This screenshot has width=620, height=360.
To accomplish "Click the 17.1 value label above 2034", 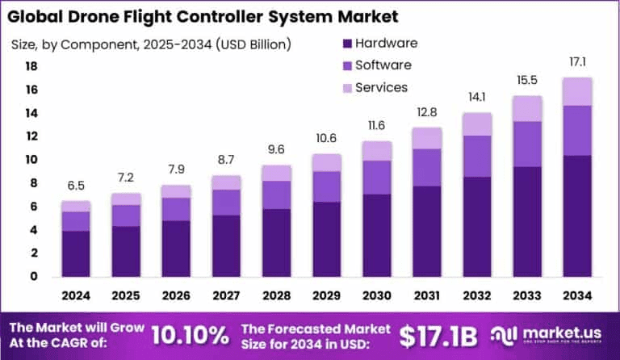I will [x=578, y=61].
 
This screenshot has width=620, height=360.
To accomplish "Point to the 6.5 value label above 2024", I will [x=75, y=185].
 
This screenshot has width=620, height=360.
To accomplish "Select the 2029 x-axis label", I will [x=327, y=296].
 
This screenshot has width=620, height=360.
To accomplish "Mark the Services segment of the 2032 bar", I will [x=478, y=123].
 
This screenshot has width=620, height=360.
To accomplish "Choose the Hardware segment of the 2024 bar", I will [x=75, y=253].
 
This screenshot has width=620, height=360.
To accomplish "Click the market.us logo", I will [x=557, y=334].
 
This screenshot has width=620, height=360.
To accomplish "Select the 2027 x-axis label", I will [x=226, y=296].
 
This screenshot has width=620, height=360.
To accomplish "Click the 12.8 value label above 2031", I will [x=427, y=111].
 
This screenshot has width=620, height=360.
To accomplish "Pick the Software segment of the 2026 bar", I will [x=176, y=209].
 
